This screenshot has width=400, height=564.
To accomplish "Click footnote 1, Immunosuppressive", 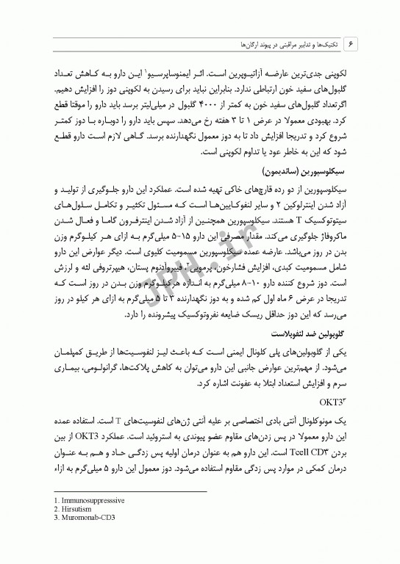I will coord(82,499).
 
